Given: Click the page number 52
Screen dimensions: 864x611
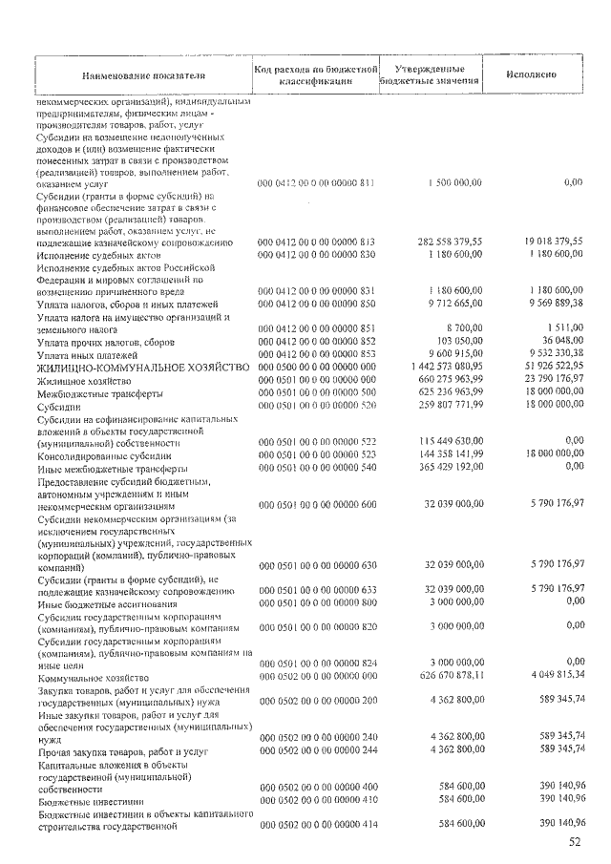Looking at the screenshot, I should (x=574, y=842).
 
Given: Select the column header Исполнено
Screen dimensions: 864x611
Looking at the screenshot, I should (x=533, y=74).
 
